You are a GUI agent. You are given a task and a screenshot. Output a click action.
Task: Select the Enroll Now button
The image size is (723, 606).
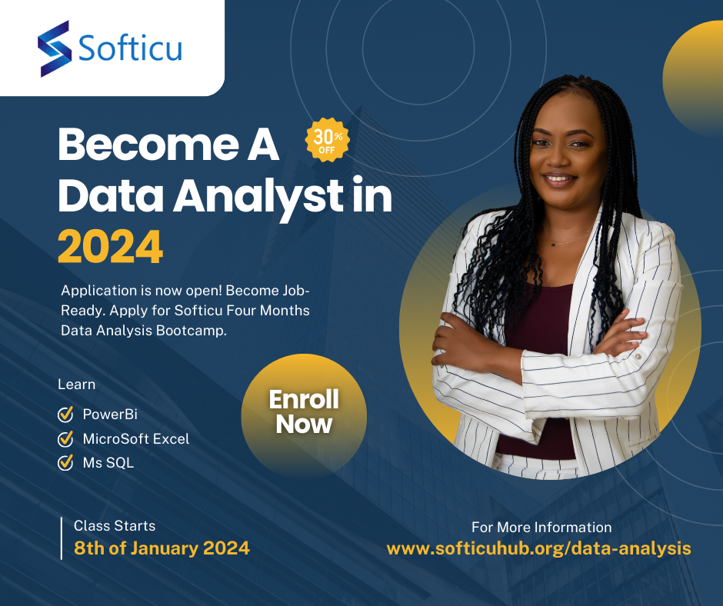click(x=304, y=412)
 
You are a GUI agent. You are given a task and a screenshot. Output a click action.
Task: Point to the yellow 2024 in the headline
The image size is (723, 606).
click(x=110, y=247)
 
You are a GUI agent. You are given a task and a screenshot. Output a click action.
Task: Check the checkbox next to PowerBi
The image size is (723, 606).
click(x=65, y=415)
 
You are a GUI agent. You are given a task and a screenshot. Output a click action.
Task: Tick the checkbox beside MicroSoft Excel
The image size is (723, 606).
click(x=65, y=439)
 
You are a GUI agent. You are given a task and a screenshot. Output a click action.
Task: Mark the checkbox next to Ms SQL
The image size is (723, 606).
click(x=65, y=463)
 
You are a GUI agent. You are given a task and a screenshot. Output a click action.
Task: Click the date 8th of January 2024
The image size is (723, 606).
click(x=162, y=548)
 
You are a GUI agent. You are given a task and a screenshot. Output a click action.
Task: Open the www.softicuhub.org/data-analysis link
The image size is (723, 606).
click(x=538, y=548)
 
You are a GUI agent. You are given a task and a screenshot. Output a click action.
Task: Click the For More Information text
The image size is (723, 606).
click(x=541, y=528)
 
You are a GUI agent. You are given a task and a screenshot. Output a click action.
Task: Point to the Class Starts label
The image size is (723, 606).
click(x=115, y=527)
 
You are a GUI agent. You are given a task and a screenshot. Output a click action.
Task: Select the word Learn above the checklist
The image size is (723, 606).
click(x=77, y=385)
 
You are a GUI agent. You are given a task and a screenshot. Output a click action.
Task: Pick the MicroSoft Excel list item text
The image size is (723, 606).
click(x=135, y=439)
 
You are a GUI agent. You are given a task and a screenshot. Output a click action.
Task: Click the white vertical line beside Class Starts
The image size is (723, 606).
click(x=62, y=538)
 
